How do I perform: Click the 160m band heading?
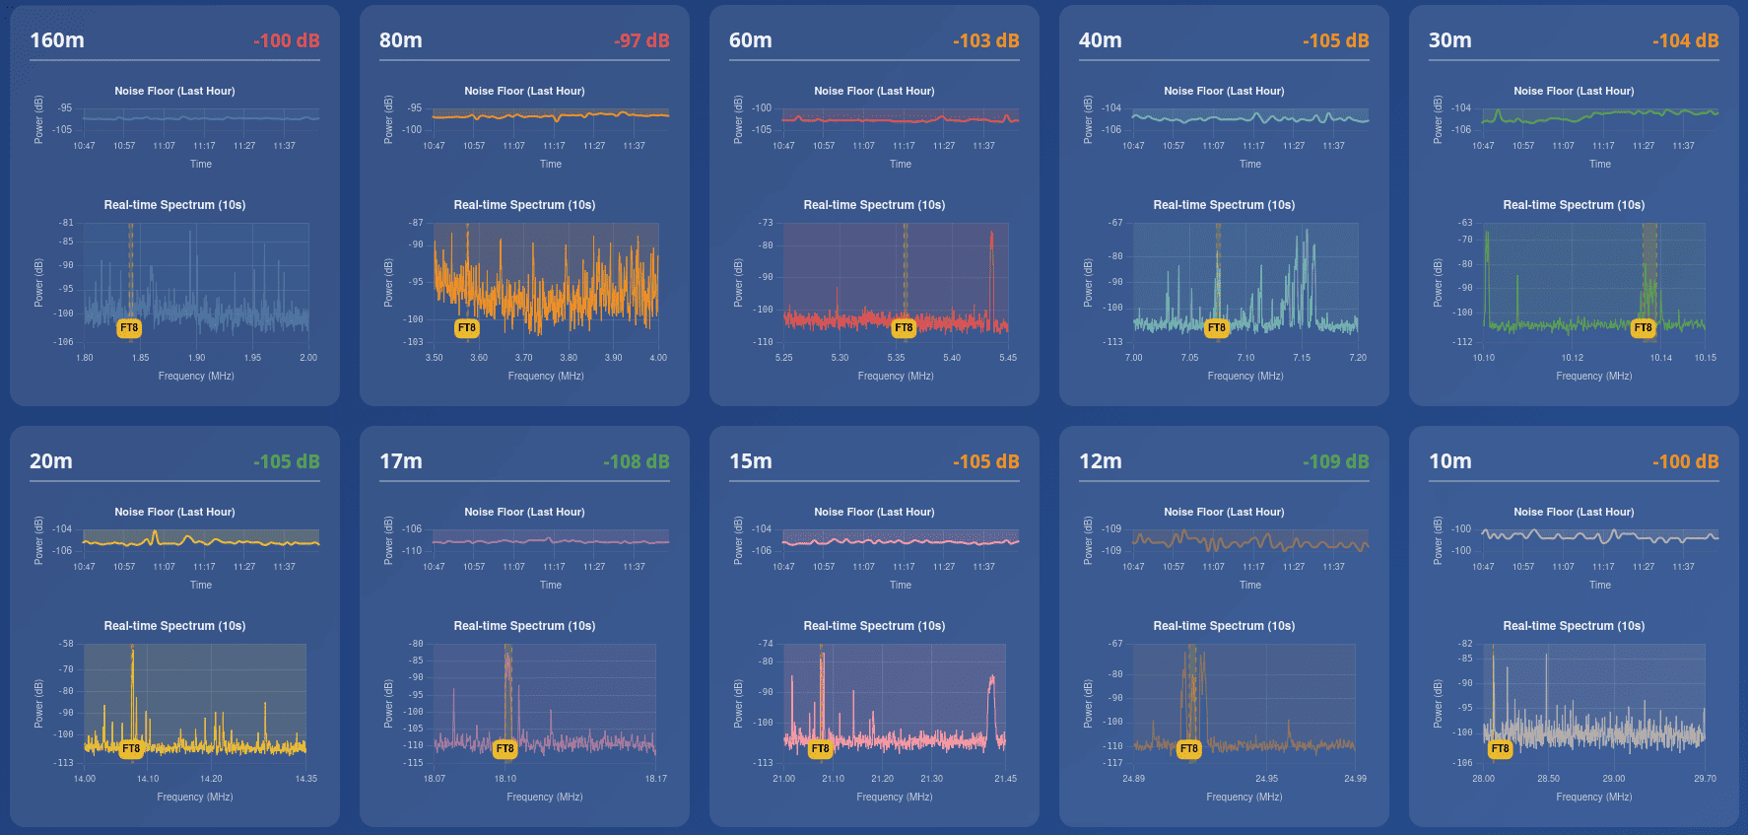(x=57, y=40)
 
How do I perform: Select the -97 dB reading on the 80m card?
(x=641, y=40)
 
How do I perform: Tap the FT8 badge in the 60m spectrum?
(x=904, y=327)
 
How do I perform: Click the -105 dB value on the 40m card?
(x=1335, y=40)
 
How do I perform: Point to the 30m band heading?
(x=1449, y=40)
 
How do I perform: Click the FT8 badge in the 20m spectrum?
(x=130, y=749)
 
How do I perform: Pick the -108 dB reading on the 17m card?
(x=636, y=461)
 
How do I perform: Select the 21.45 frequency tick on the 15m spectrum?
(x=1005, y=779)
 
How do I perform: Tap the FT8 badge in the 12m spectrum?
(x=1189, y=749)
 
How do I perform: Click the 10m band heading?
(x=1449, y=461)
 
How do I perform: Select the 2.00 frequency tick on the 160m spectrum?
(x=308, y=358)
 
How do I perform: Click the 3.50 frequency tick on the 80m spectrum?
(x=434, y=358)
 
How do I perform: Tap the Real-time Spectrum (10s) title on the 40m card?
(x=1224, y=205)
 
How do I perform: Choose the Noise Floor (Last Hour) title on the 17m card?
(x=524, y=512)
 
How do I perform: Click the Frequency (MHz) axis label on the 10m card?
(x=1593, y=797)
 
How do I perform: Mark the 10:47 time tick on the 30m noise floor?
(x=1483, y=146)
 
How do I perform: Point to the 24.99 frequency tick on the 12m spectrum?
(x=1355, y=779)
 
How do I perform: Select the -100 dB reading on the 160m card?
(x=286, y=40)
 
